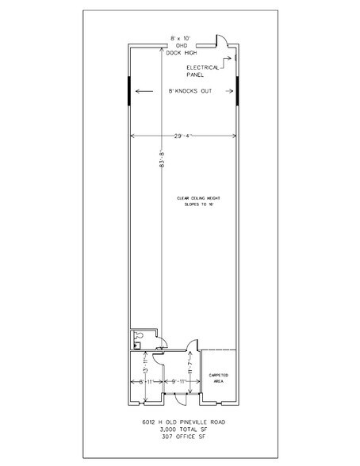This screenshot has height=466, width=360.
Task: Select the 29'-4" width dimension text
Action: point(182,134)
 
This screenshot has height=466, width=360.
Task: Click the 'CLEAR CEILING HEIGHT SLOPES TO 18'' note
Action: point(183,201)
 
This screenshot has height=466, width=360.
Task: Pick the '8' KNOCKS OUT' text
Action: point(185,92)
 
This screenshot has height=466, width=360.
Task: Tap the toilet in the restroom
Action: point(138,335)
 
